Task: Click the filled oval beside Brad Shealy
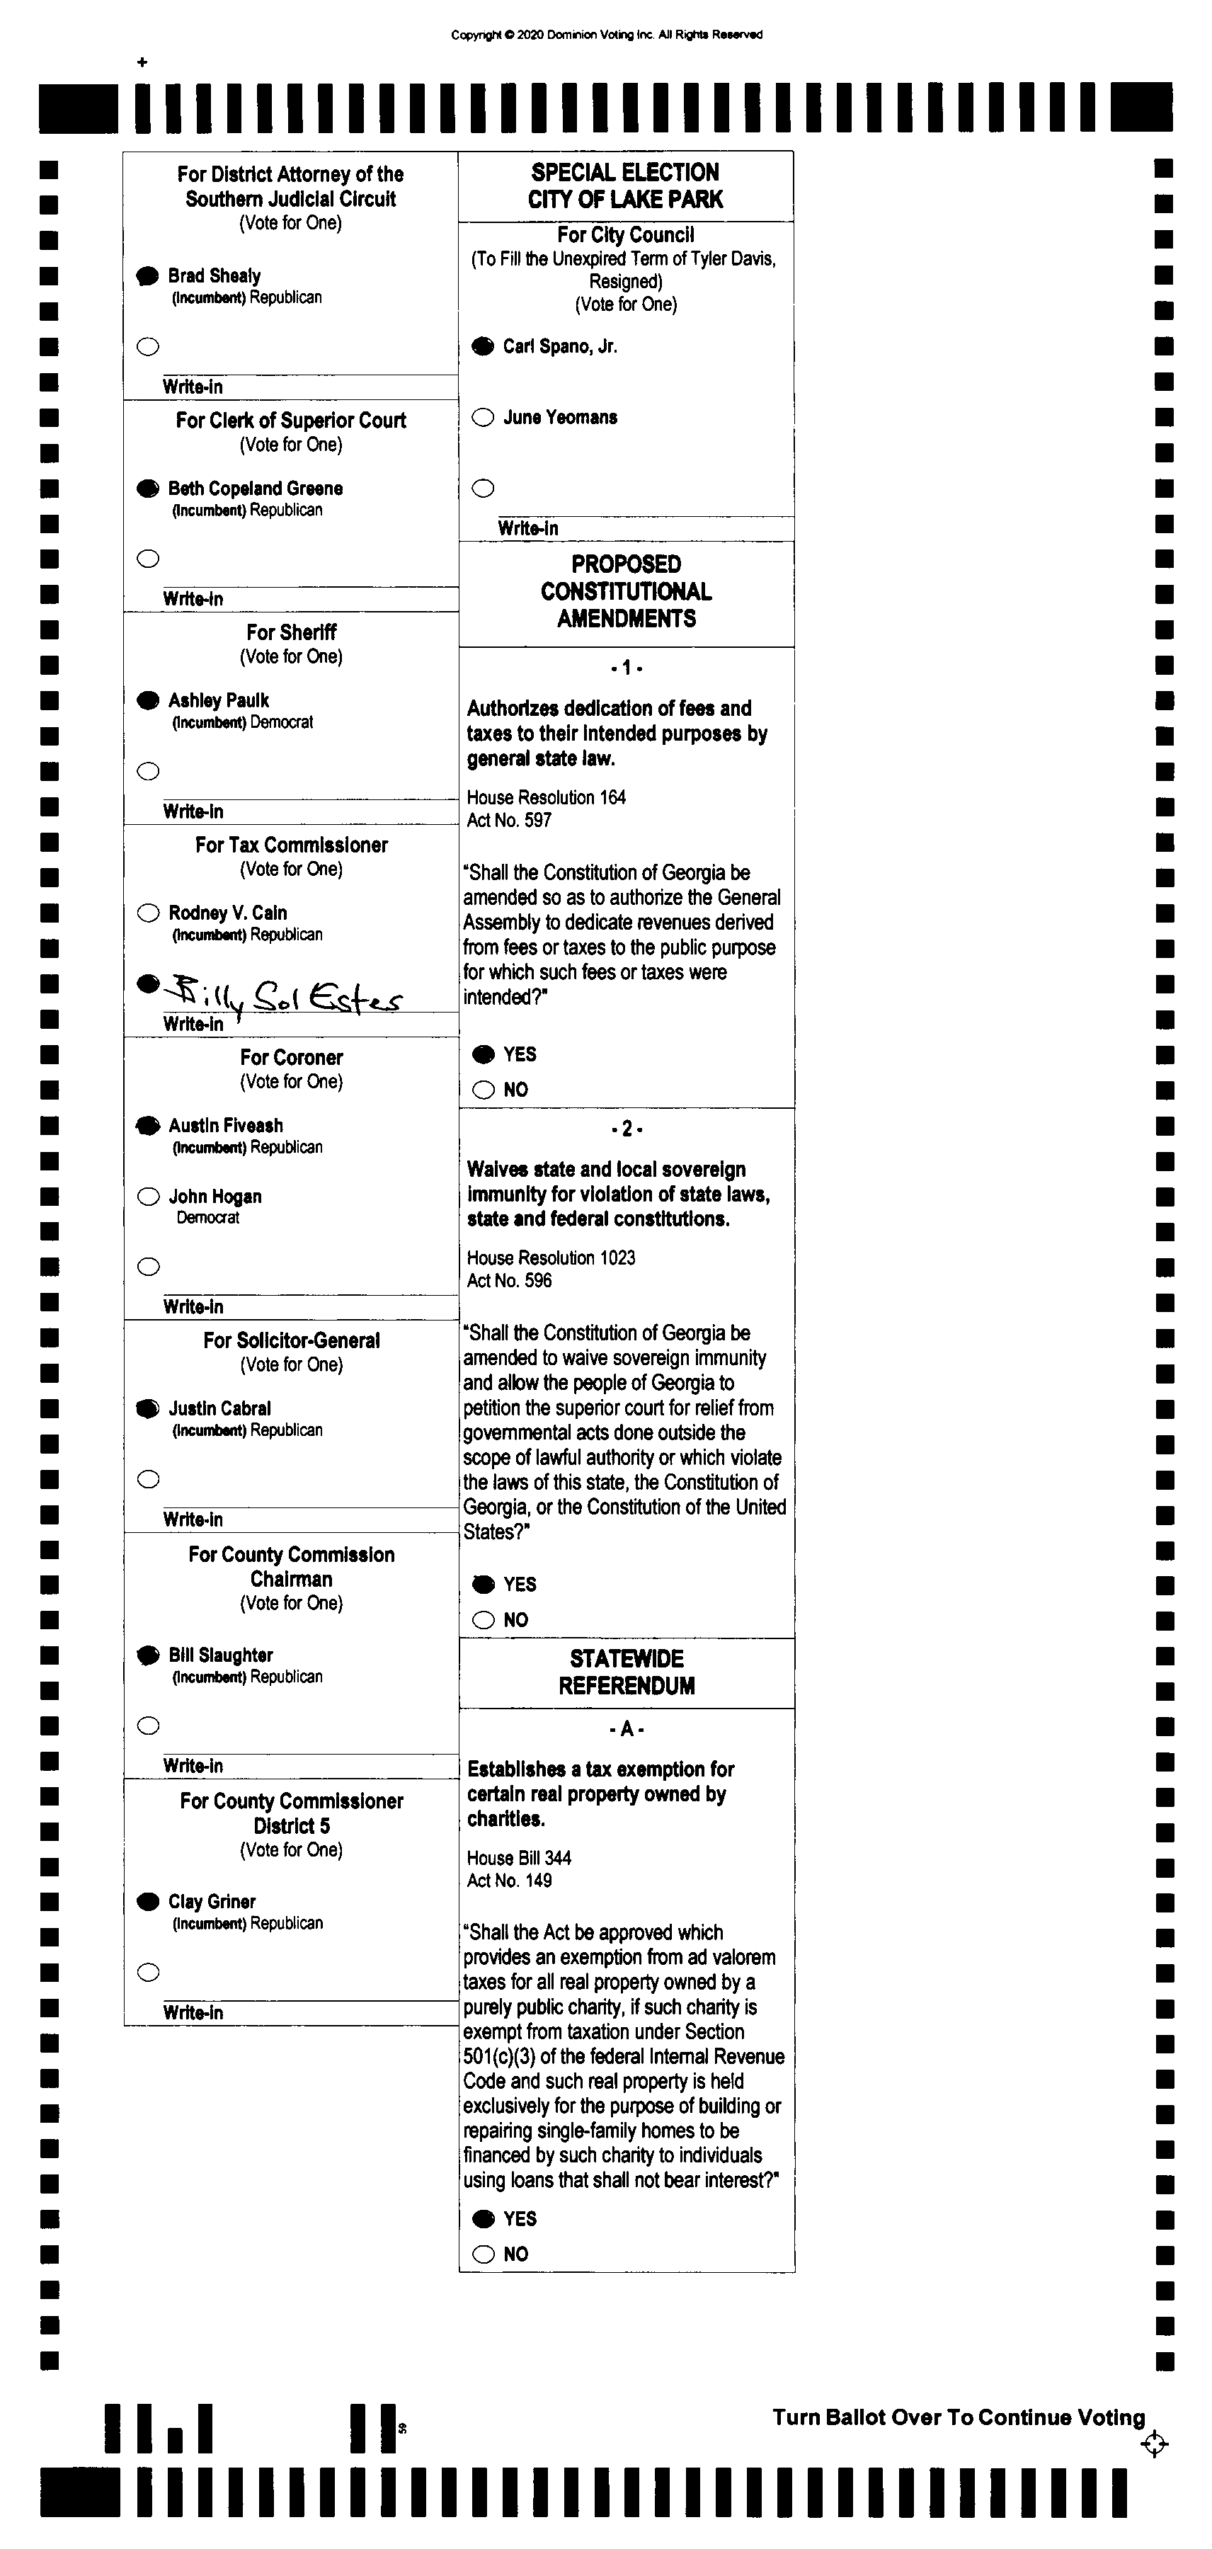pos(147,276)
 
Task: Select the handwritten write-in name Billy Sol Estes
pos(284,996)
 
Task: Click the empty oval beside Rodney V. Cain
pos(149,913)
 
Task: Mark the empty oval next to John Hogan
pos(149,1197)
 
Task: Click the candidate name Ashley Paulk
pos(219,700)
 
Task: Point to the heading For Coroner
pos(291,1057)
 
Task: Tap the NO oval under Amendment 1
pos(483,1090)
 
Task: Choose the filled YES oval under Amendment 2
pos(483,1584)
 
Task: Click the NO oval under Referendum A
pos(483,2254)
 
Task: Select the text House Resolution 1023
pos(551,1258)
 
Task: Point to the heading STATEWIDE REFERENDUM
pos(627,1672)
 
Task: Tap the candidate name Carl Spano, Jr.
pos(560,346)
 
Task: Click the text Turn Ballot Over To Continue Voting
pos(958,2417)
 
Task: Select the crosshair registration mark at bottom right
pos(1154,2444)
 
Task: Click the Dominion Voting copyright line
pos(607,35)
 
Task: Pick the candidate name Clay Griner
pos(212,1902)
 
